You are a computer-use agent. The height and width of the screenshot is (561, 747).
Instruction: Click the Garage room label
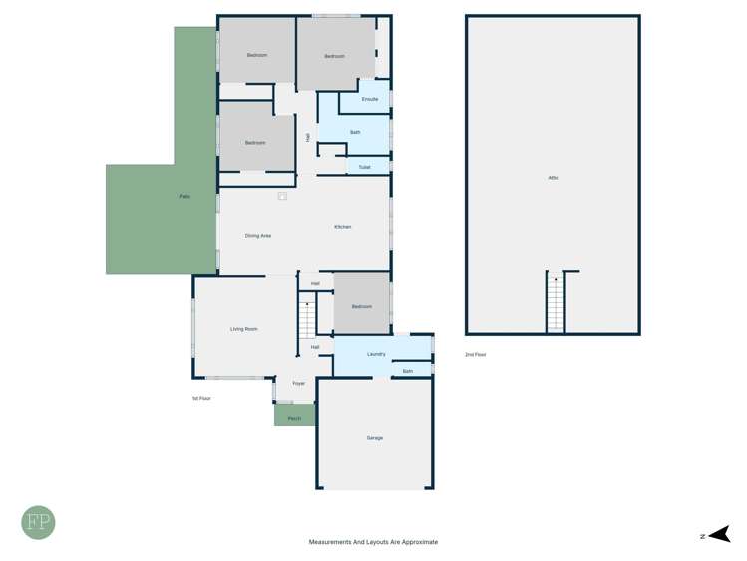click(x=374, y=438)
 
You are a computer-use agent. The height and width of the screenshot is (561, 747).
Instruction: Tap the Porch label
click(x=294, y=418)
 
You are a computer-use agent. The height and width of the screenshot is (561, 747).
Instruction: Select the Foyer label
click(x=298, y=384)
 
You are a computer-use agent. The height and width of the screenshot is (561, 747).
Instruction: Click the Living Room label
click(x=244, y=329)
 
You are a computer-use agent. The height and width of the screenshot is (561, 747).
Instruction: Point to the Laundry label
click(x=376, y=354)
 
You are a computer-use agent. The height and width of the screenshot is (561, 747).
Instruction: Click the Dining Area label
click(x=258, y=235)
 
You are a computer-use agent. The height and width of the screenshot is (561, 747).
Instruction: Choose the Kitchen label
click(x=342, y=227)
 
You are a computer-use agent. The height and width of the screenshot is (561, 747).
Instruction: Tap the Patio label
click(x=185, y=196)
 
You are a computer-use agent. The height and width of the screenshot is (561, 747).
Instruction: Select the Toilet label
click(x=364, y=167)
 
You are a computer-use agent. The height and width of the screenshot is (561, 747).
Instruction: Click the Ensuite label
click(x=370, y=99)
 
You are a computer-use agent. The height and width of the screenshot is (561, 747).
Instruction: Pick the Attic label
click(x=553, y=177)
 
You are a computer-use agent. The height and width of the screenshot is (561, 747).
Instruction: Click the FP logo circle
click(x=39, y=522)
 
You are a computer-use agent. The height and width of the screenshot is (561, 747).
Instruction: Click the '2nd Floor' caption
click(x=476, y=354)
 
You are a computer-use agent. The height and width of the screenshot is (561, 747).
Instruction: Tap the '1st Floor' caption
click(x=201, y=398)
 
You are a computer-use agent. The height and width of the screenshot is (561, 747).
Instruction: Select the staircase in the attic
click(x=556, y=302)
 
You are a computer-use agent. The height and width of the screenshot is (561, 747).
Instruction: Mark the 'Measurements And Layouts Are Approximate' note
click(x=373, y=542)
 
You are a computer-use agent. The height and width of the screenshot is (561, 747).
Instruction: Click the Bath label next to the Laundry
click(x=407, y=371)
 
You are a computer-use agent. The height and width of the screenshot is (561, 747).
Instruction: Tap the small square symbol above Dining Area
click(x=282, y=197)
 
